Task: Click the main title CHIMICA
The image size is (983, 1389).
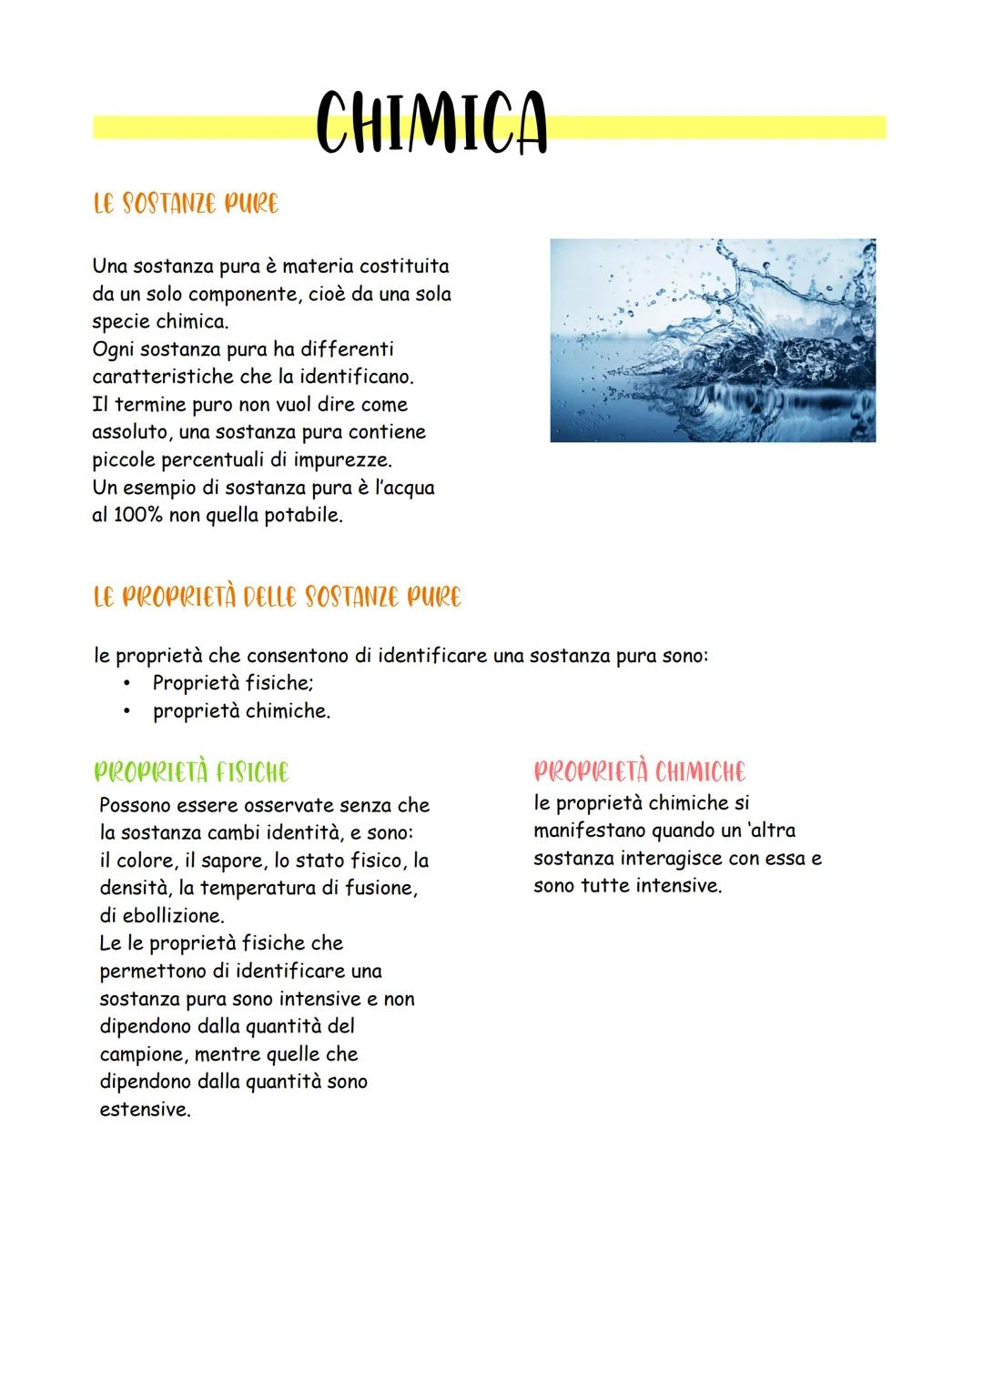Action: click(x=431, y=125)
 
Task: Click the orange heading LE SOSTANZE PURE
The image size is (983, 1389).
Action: click(x=186, y=204)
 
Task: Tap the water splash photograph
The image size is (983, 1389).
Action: click(x=713, y=341)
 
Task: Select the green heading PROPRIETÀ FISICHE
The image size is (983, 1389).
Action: click(x=192, y=773)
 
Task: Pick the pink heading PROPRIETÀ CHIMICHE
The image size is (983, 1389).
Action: click(x=639, y=773)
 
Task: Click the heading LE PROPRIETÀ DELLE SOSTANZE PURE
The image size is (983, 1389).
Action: click(x=278, y=598)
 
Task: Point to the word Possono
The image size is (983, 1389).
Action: click(x=136, y=805)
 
